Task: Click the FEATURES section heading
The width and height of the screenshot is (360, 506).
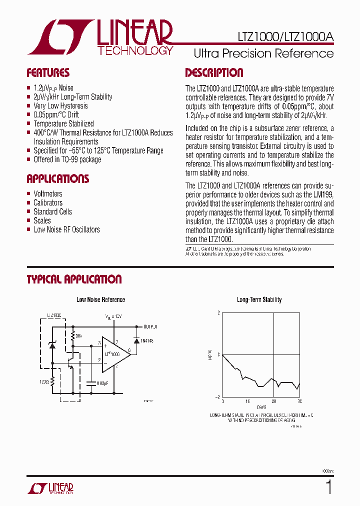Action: [48, 73]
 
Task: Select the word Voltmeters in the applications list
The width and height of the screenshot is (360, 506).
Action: [48, 194]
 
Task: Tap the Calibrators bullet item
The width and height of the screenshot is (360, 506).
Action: [48, 203]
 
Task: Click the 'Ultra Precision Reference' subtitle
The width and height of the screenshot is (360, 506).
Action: [263, 53]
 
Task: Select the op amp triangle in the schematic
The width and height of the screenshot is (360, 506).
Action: [115, 353]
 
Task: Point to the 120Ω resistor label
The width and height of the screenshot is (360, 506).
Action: [43, 382]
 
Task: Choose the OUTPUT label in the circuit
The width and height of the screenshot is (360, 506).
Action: [150, 326]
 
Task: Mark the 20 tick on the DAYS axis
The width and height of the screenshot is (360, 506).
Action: [273, 401]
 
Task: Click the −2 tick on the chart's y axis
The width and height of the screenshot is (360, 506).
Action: [217, 396]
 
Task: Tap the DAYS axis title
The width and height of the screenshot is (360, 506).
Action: [261, 408]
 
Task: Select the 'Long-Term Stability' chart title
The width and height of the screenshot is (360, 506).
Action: [259, 300]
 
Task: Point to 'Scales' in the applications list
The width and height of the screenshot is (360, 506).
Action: [42, 221]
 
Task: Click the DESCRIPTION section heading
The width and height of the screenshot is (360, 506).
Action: [214, 73]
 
